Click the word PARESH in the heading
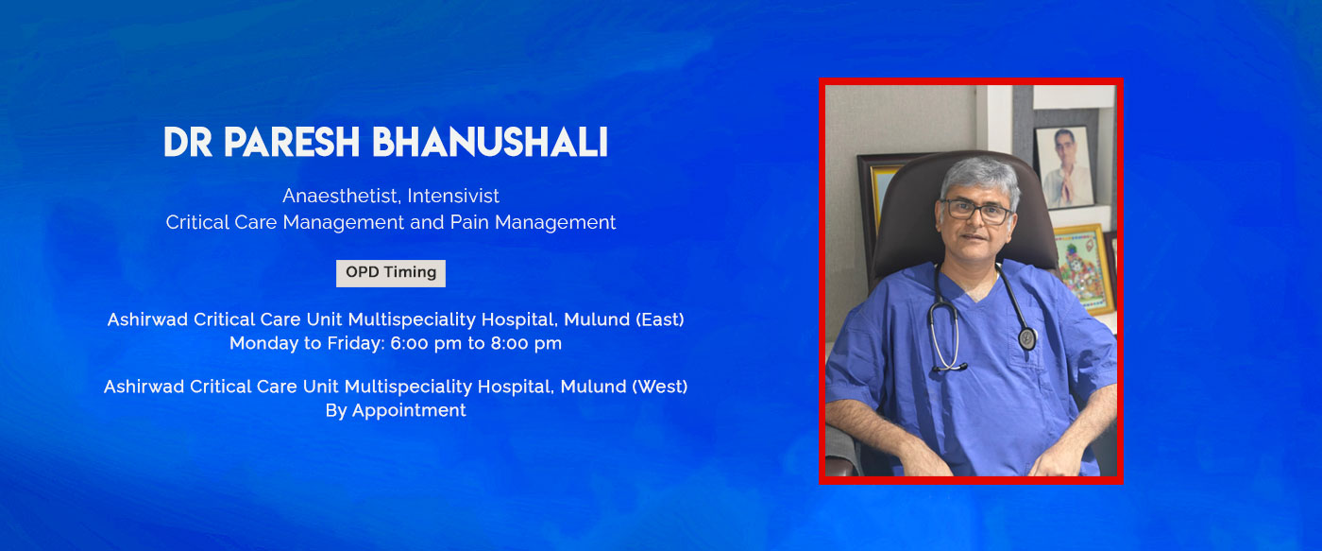(x=292, y=143)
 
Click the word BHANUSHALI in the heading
(x=490, y=143)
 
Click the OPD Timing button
(x=391, y=273)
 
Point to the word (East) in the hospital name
(x=660, y=319)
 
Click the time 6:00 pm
(x=426, y=343)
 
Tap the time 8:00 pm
(x=526, y=343)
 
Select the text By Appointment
(x=396, y=410)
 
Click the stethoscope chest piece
(x=1027, y=338)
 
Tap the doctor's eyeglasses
(x=976, y=211)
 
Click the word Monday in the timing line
(x=263, y=343)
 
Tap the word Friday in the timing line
(x=358, y=343)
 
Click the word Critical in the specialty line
(x=197, y=223)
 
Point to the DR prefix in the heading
(x=188, y=143)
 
